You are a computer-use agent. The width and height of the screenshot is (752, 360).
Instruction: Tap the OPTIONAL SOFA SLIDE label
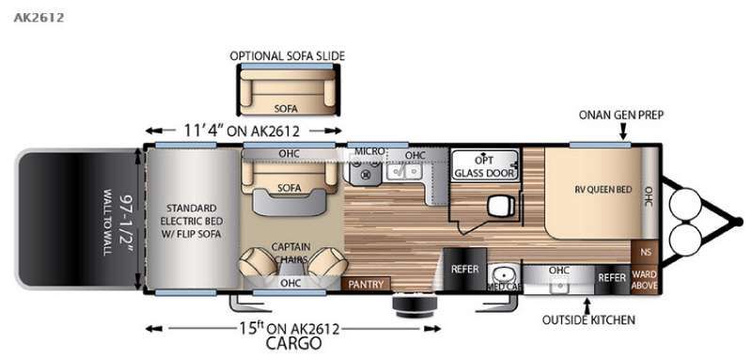[288, 55]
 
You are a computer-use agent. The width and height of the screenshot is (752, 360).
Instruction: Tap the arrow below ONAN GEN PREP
[623, 134]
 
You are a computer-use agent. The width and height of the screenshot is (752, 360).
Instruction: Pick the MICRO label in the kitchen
[366, 151]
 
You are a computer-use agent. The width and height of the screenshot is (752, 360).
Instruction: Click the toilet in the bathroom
[499, 206]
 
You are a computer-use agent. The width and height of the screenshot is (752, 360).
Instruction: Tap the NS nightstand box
[646, 252]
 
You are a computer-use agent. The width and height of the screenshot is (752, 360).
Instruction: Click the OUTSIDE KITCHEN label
[589, 320]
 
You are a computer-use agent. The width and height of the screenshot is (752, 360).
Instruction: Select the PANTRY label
[365, 284]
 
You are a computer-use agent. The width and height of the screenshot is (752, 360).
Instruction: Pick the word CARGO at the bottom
[293, 343]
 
